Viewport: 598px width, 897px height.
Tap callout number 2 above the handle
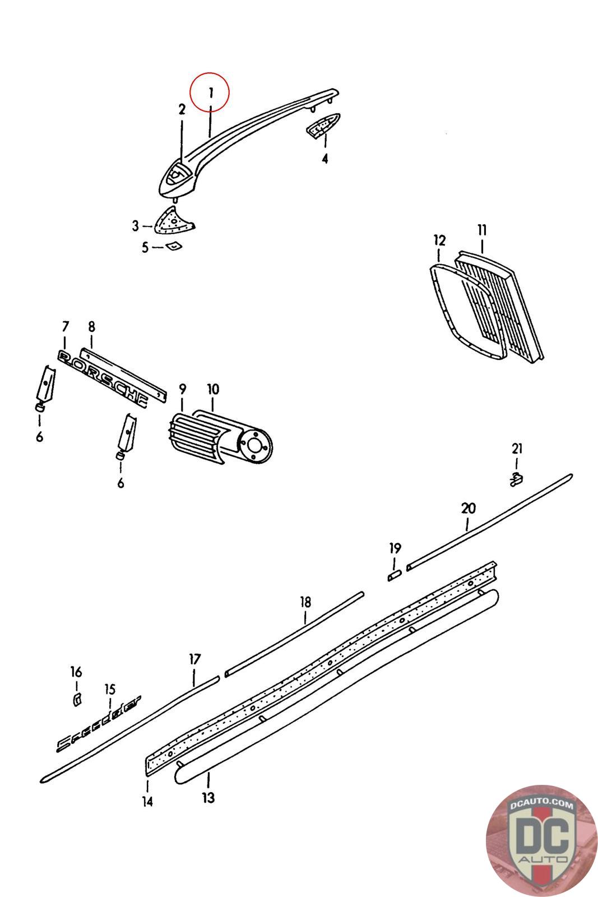click(182, 109)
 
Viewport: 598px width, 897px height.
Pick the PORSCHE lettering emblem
click(103, 378)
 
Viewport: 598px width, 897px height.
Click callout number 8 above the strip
click(92, 327)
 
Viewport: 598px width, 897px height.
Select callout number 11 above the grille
click(482, 230)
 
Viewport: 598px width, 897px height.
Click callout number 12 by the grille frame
click(439, 241)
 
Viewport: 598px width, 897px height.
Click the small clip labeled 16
click(77, 699)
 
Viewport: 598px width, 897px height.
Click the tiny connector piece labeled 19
click(395, 576)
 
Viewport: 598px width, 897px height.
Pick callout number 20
click(469, 508)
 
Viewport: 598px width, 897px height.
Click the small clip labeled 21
click(516, 479)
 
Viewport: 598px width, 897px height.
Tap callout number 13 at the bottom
click(208, 798)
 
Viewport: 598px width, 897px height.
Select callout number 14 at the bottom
click(147, 802)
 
